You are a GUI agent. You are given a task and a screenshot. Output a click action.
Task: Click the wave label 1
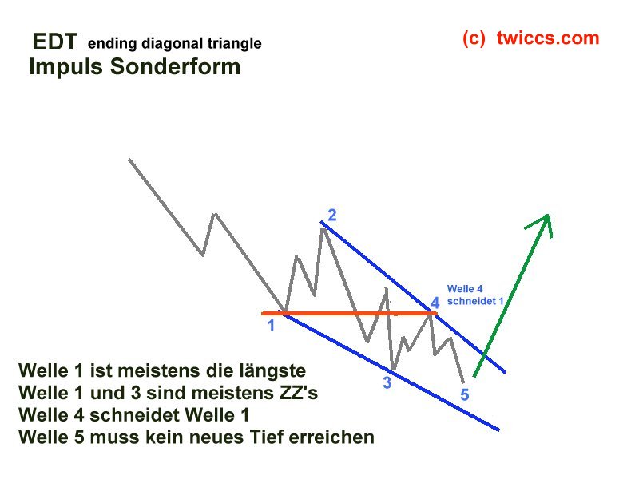(x=272, y=325)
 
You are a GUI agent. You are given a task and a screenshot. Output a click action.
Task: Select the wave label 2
(x=331, y=215)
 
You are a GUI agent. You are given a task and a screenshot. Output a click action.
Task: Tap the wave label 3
(x=387, y=382)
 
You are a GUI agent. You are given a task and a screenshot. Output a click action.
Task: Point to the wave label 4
(x=435, y=303)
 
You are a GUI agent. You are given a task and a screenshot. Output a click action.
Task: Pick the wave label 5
(x=465, y=394)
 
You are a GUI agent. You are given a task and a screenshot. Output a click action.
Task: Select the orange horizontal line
(x=351, y=313)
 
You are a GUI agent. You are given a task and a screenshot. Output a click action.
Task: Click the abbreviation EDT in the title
(x=54, y=42)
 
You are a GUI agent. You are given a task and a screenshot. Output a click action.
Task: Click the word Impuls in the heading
(x=62, y=67)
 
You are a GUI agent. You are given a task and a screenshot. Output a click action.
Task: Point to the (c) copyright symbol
(x=474, y=38)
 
